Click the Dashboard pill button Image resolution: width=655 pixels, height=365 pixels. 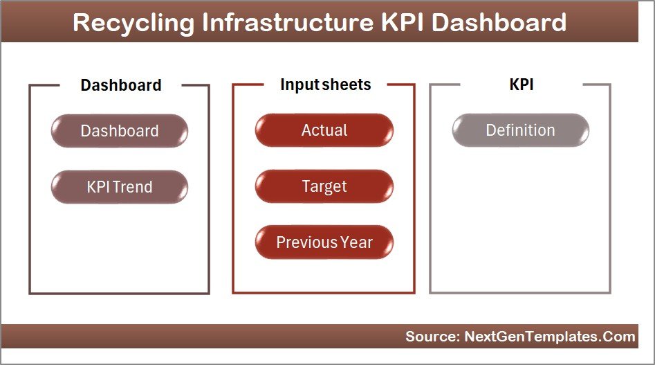click(120, 131)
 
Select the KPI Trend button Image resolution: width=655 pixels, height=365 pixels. click(120, 187)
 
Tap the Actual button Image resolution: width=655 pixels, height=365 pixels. click(324, 130)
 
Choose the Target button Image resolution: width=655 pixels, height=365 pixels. click(324, 186)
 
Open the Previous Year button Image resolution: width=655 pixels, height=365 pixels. click(324, 242)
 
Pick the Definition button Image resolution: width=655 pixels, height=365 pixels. click(521, 130)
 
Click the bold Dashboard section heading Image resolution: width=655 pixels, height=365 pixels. click(121, 85)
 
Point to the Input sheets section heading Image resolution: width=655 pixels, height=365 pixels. click(325, 84)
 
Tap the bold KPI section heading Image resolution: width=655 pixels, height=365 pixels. click(522, 84)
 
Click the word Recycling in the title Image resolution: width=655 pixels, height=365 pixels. click(133, 23)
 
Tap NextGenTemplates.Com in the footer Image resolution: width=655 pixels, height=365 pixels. click(550, 337)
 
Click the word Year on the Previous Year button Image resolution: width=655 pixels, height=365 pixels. click(356, 242)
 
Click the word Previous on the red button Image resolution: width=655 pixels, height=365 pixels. click(306, 242)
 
